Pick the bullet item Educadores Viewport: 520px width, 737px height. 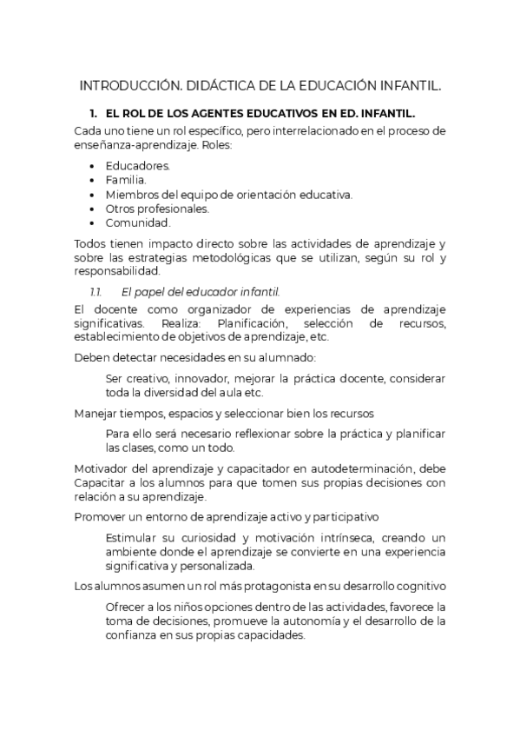coord(138,165)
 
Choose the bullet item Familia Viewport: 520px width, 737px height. coord(127,180)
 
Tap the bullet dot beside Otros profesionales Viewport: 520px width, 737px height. coord(93,209)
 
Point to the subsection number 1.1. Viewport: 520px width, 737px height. coord(96,290)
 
